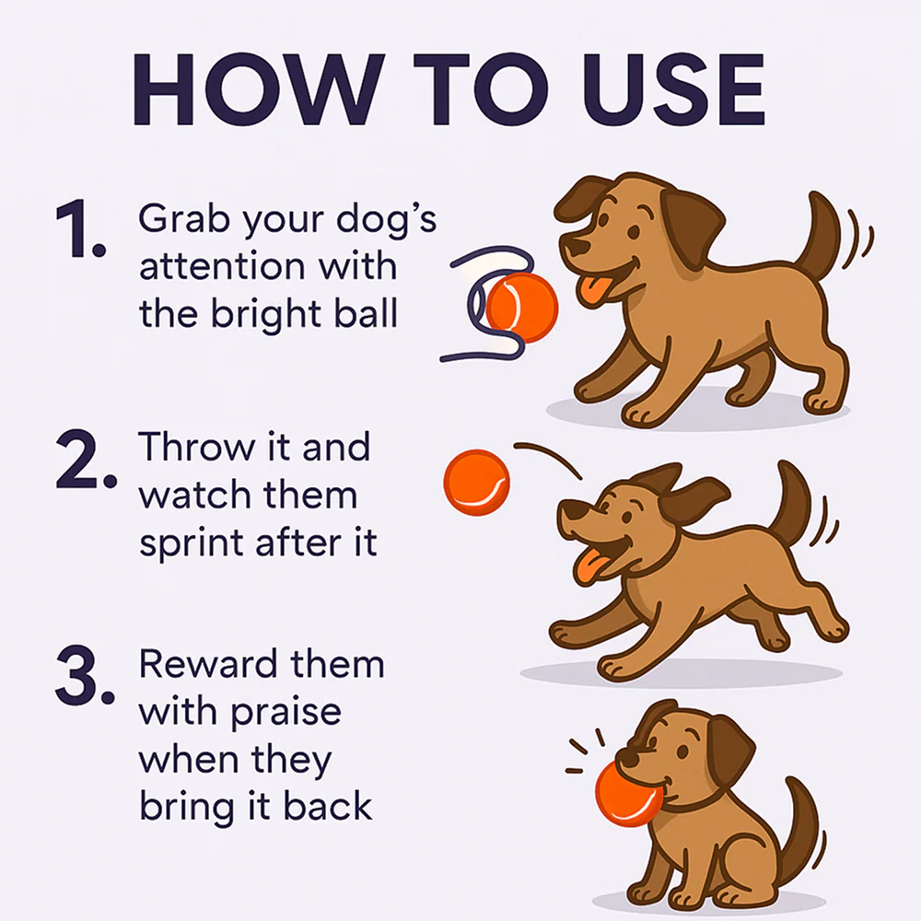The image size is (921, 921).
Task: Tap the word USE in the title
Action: point(673,90)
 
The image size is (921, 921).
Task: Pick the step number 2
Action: point(86,460)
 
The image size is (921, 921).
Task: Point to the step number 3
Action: point(85,676)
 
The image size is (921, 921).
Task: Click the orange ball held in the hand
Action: point(521,308)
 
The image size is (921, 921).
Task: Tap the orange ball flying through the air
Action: point(476,483)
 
